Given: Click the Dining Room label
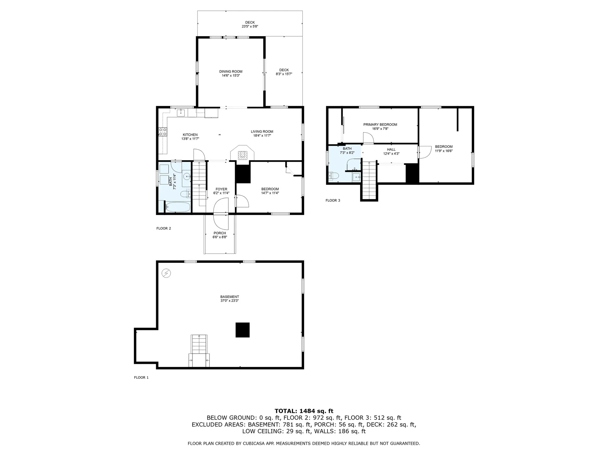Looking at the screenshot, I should tap(231, 72).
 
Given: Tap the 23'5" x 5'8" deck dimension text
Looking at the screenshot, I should tap(250, 27).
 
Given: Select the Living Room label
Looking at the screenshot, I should tap(262, 131).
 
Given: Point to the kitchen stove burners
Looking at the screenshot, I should tap(163, 132).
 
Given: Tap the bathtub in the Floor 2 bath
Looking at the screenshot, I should tap(178, 207).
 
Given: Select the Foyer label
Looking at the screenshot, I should tap(221, 189).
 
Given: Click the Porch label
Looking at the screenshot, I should tap(220, 233).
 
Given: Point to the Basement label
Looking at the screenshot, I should tap(230, 297).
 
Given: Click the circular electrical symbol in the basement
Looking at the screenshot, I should tap(166, 273).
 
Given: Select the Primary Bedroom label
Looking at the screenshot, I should tap(380, 124).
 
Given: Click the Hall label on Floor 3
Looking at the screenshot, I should tap(391, 149).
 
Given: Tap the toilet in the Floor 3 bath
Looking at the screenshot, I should tap(334, 175).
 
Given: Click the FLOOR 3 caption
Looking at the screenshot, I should tap(333, 200).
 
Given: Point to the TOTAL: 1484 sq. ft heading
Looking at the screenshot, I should tap(304, 411).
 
